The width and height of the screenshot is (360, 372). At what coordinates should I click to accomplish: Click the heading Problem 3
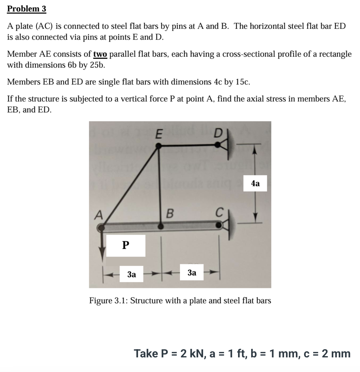click(26, 9)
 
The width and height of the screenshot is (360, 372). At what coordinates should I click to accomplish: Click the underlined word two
click(100, 54)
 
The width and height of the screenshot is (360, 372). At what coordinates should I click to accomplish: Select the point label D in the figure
click(218, 134)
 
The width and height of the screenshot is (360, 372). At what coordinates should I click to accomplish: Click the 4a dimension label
click(255, 183)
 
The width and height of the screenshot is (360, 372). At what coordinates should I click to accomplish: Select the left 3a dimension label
click(131, 274)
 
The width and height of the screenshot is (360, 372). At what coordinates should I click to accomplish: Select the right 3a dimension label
click(192, 272)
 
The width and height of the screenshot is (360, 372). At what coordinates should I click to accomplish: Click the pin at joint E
click(158, 146)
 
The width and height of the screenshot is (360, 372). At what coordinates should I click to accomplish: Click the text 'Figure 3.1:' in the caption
click(108, 301)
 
